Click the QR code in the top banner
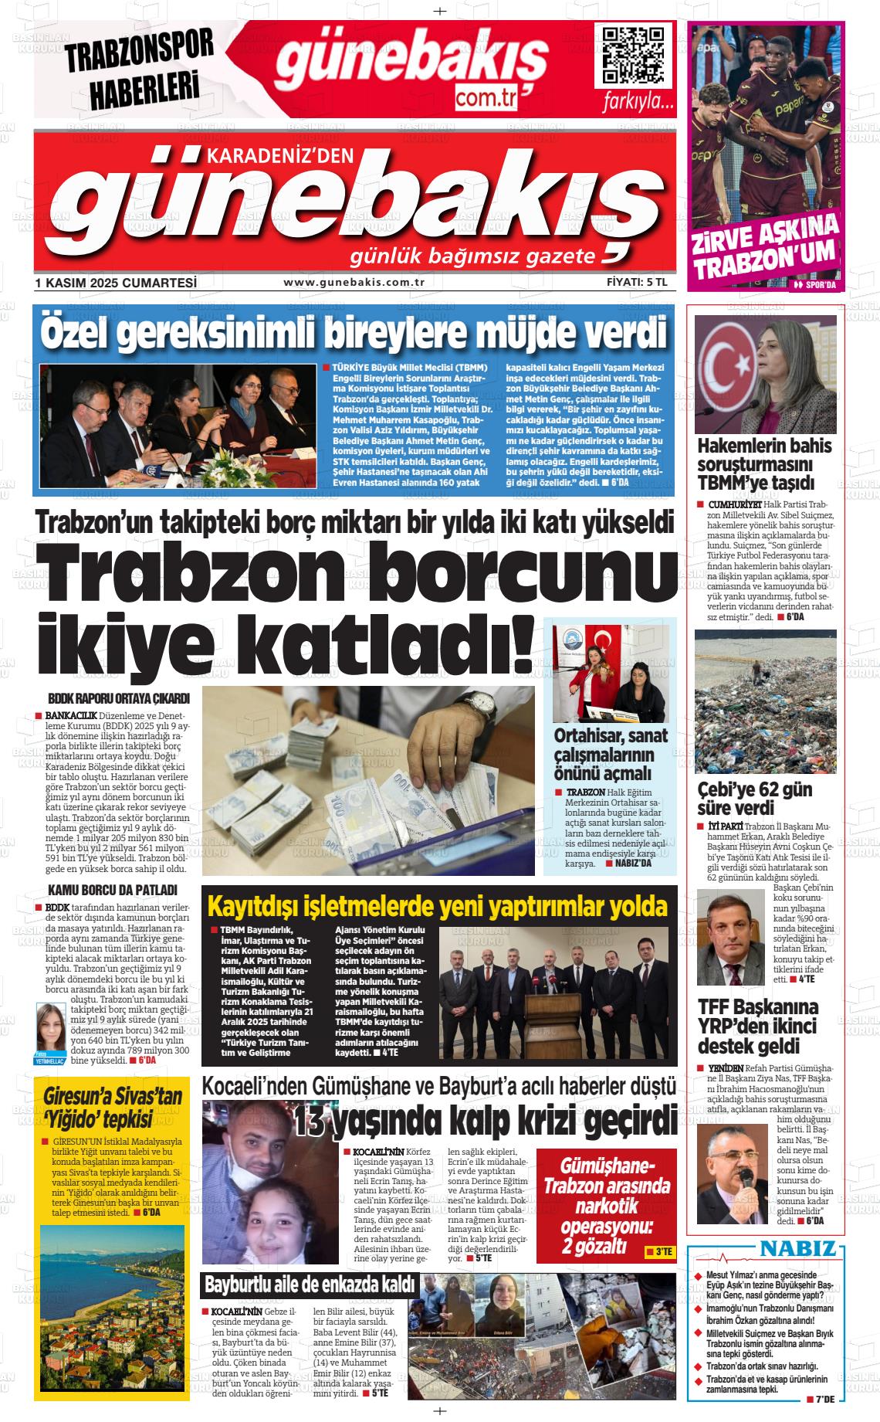632,56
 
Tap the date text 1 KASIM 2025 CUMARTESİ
116,283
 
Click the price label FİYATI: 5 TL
637,283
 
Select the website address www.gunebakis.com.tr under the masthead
354,283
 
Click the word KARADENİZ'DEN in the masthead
279,157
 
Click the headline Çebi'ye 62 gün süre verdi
743,799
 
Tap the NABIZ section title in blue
797,1249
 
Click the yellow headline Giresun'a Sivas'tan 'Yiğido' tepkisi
113,1108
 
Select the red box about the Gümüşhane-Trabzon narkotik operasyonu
604,1206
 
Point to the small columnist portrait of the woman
51,1030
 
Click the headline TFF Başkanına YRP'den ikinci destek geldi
757,1027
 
